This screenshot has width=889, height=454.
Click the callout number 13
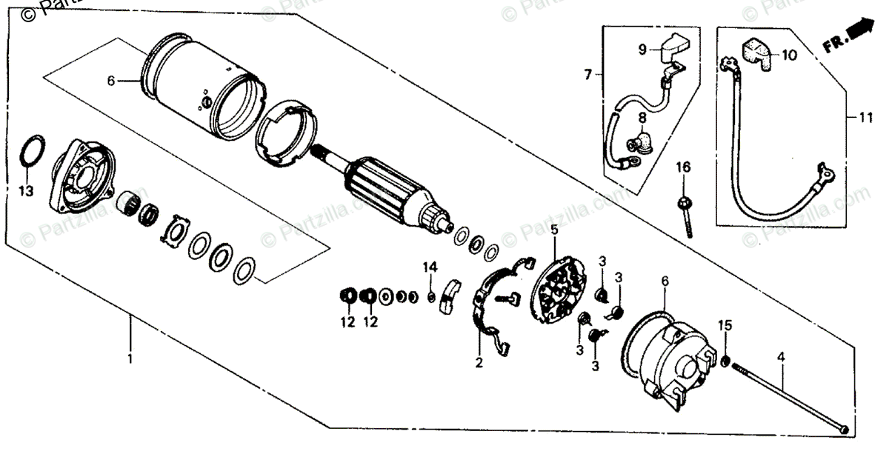pos(27,193)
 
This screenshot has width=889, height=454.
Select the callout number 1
pos(130,359)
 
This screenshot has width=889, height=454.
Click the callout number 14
pos(430,267)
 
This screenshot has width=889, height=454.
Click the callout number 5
pos(554,230)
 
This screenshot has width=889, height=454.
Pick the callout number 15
pos(725,325)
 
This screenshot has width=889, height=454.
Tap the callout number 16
pos(682,169)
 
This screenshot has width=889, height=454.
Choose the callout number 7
pos(587,75)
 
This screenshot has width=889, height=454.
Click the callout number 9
pos(643,50)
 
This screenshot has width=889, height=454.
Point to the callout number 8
pos(642,116)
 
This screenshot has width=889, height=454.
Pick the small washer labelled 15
pos(725,361)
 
